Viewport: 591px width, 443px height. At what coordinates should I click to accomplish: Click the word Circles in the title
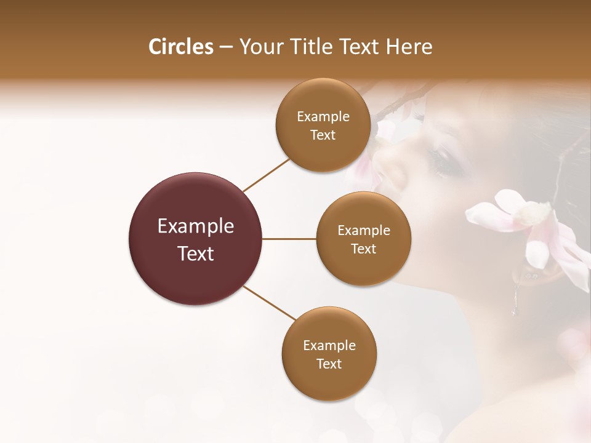(180, 47)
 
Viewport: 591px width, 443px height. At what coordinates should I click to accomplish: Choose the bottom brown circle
(329, 381)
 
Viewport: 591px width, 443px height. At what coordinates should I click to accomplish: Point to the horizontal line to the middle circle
(289, 239)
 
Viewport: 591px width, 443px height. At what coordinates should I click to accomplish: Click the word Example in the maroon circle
(196, 226)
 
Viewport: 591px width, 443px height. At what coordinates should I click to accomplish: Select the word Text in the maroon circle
(196, 253)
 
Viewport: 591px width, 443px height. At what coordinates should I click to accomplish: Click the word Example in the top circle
(323, 117)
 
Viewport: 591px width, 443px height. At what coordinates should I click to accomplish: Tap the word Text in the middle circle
(364, 249)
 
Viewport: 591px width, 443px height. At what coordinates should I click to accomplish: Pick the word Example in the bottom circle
(329, 346)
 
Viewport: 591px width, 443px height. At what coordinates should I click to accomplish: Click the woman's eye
(444, 161)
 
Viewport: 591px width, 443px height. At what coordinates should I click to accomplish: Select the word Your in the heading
(259, 47)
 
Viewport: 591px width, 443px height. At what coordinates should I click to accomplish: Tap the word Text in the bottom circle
(329, 364)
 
